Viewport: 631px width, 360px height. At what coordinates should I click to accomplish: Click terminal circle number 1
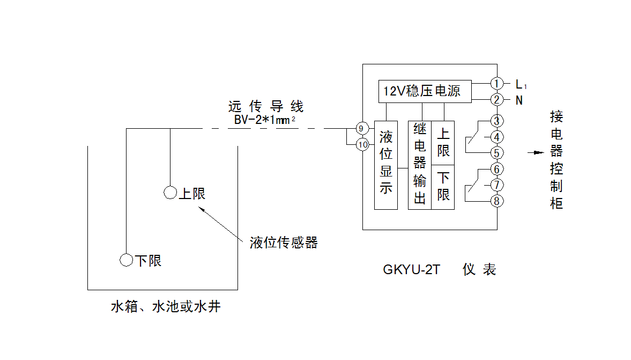coord(497,83)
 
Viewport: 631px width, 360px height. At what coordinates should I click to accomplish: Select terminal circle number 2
coord(497,100)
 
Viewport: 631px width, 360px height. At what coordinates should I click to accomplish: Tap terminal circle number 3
coord(497,120)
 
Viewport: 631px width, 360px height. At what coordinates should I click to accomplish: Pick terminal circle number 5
coord(497,153)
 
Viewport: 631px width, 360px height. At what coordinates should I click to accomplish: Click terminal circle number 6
coord(497,170)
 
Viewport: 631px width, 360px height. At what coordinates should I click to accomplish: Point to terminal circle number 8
coord(497,201)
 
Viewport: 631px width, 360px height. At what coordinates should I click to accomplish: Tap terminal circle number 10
coord(363,144)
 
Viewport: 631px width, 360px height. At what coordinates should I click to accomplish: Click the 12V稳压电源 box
coord(425,91)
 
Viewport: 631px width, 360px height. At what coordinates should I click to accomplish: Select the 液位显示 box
coord(386,165)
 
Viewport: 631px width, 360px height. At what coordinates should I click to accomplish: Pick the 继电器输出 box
coord(420,165)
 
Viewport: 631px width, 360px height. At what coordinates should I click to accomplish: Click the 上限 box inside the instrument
coord(443,143)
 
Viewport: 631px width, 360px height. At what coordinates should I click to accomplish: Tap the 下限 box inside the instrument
coord(443,187)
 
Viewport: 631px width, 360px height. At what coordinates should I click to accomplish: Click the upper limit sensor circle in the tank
coord(170,192)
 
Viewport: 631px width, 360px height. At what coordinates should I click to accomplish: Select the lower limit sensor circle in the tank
coord(126,260)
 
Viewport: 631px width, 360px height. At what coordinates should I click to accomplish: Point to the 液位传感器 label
coord(284,243)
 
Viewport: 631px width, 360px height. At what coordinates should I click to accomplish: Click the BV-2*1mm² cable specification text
coord(265,120)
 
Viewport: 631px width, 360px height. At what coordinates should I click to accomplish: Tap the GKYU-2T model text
coord(411,270)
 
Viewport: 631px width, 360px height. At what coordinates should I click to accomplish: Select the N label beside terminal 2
coord(518,100)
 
